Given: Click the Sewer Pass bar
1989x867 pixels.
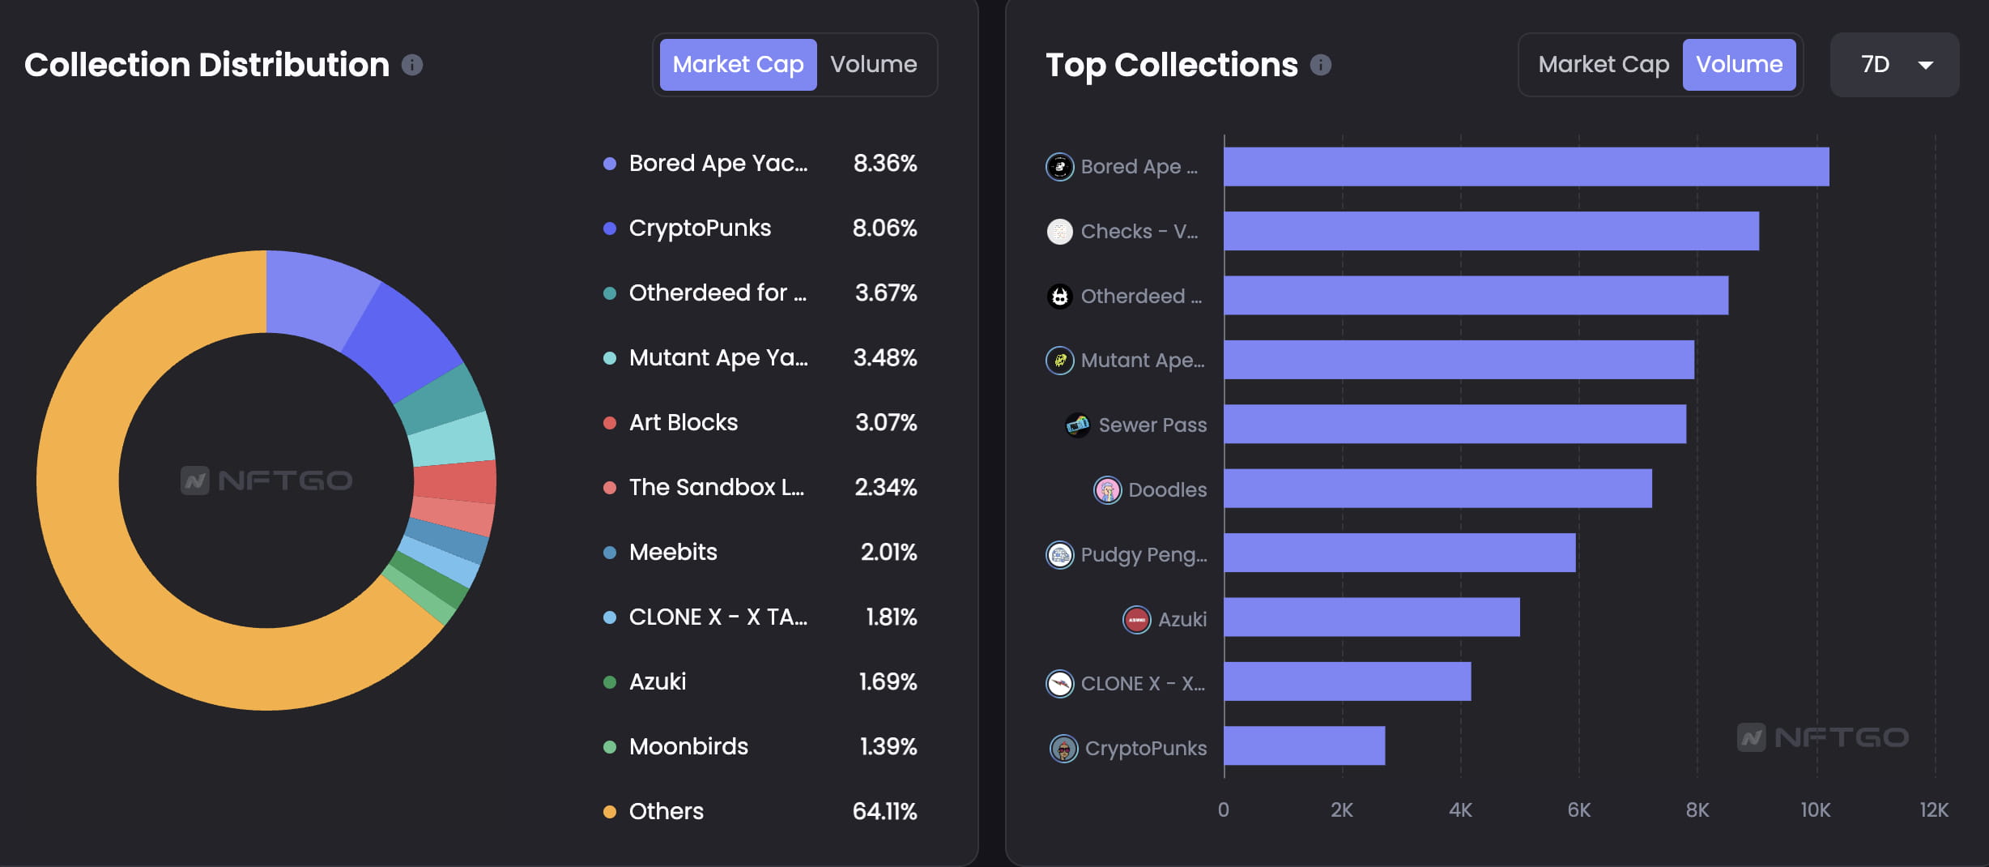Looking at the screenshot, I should pos(1454,424).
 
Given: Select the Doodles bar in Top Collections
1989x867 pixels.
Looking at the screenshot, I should pos(1437,489).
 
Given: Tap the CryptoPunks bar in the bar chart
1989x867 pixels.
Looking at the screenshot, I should pos(1304,745).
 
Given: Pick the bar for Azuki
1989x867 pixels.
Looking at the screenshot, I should pos(1371,617).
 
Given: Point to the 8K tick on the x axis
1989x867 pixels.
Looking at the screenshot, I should pos(1697,809).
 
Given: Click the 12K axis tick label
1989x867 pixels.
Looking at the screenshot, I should pos(1933,809).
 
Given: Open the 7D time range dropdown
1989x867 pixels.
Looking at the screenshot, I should pos(1894,65).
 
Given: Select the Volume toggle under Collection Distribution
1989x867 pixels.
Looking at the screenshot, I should pos(873,65).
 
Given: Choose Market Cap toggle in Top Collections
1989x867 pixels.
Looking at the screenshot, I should pos(1603,65).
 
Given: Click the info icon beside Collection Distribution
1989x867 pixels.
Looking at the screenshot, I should pos(412,65).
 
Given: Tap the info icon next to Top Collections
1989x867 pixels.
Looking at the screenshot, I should pos(1320,65).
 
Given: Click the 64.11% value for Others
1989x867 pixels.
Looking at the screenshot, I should pos(884,811).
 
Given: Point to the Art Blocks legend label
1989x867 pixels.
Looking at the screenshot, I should pos(683,422).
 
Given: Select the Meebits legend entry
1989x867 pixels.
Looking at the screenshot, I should pos(672,552).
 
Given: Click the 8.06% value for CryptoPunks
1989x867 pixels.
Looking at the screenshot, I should pos(884,228).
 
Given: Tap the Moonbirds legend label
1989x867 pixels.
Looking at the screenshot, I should pos(688,746).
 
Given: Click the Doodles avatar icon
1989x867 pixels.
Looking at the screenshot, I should pos(1107,489).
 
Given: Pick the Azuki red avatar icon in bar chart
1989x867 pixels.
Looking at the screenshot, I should pos(1136,619).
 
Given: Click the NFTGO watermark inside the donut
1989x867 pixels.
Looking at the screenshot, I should pos(266,480).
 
